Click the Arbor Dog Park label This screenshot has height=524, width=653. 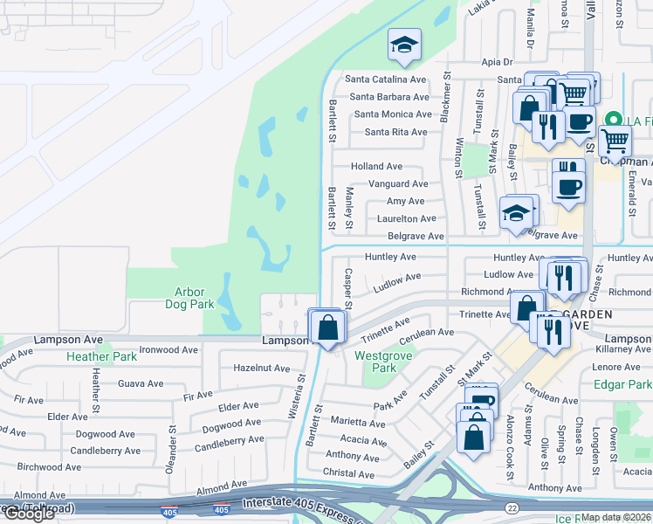[189, 299]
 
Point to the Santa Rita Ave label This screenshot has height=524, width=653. [395, 132]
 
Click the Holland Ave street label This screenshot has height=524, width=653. [376, 166]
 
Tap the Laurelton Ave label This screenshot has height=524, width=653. [400, 218]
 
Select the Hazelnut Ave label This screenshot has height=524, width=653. [261, 369]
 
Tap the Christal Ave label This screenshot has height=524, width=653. [349, 473]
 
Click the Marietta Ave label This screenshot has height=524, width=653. [358, 423]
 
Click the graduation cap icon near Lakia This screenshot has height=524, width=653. [403, 45]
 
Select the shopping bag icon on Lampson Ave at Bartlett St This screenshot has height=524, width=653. [327, 328]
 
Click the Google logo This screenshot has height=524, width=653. [31, 514]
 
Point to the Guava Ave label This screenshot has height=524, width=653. [141, 383]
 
